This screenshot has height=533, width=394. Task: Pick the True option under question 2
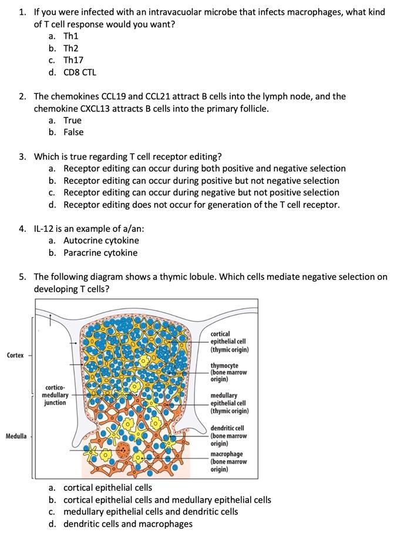pyautogui.click(x=72, y=120)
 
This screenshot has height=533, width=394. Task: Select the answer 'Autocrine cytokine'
pyautogui.click(x=101, y=240)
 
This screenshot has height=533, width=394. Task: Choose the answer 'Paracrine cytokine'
pyautogui.click(x=100, y=253)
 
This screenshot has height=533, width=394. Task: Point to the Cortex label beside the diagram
pyautogui.click(x=15, y=355)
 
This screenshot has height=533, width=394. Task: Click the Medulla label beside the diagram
pyautogui.click(x=16, y=436)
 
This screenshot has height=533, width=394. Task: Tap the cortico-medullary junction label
pyautogui.click(x=55, y=395)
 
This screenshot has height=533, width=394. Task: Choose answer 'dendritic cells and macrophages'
pyautogui.click(x=127, y=524)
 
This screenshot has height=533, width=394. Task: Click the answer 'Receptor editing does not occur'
pyautogui.click(x=201, y=205)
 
